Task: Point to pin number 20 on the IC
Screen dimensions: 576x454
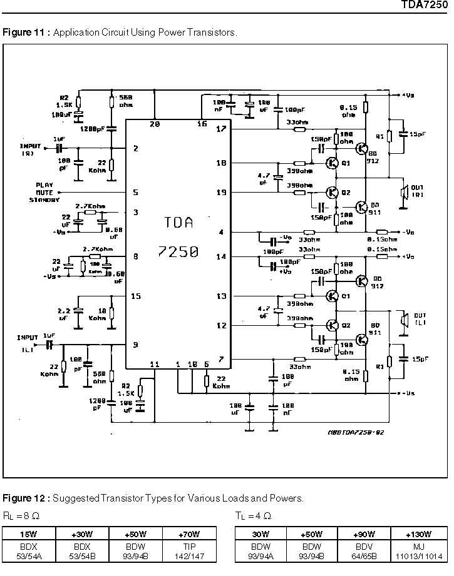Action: pyautogui.click(x=155, y=124)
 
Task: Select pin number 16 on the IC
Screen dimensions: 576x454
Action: pyautogui.click(x=202, y=124)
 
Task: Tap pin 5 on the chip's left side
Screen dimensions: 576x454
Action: pyautogui.click(x=135, y=193)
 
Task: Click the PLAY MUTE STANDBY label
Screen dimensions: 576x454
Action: pyautogui.click(x=44, y=193)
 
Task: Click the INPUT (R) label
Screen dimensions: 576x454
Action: pyautogui.click(x=30, y=149)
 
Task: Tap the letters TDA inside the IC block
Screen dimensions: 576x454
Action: pyautogui.click(x=178, y=223)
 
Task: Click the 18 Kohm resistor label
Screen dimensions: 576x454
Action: pyautogui.click(x=98, y=314)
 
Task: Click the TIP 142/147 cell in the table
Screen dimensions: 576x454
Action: pyautogui.click(x=189, y=550)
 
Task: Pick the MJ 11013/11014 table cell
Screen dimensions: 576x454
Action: pyautogui.click(x=418, y=550)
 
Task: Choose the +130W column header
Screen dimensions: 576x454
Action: pyautogui.click(x=418, y=535)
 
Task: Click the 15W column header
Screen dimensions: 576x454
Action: pyautogui.click(x=28, y=535)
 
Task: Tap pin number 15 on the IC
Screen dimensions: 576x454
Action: pyautogui.click(x=136, y=296)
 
